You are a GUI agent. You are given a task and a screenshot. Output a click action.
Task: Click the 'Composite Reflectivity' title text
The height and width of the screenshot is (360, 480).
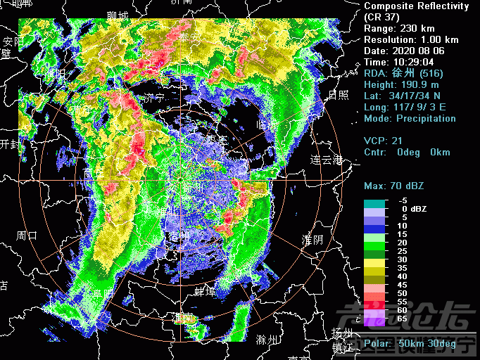(416, 6)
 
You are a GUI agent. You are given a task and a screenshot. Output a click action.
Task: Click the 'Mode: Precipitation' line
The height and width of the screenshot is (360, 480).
(410, 118)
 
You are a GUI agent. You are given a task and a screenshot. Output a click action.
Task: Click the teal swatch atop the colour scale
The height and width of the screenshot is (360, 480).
(374, 204)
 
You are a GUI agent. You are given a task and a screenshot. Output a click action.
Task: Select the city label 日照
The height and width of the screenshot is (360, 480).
(338, 95)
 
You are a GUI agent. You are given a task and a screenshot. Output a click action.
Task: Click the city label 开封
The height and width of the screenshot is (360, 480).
(9, 143)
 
